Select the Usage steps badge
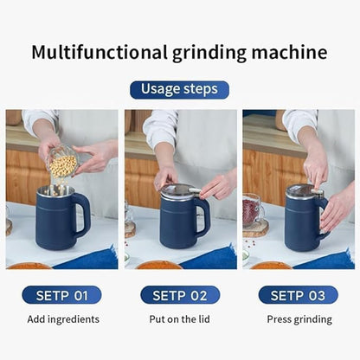(179, 90)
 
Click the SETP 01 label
(61, 295)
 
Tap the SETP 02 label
(180, 295)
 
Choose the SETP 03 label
(298, 295)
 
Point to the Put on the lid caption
(180, 319)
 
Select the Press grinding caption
(298, 319)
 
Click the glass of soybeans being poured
(62, 162)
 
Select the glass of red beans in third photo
(253, 210)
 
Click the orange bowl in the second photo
(157, 265)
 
